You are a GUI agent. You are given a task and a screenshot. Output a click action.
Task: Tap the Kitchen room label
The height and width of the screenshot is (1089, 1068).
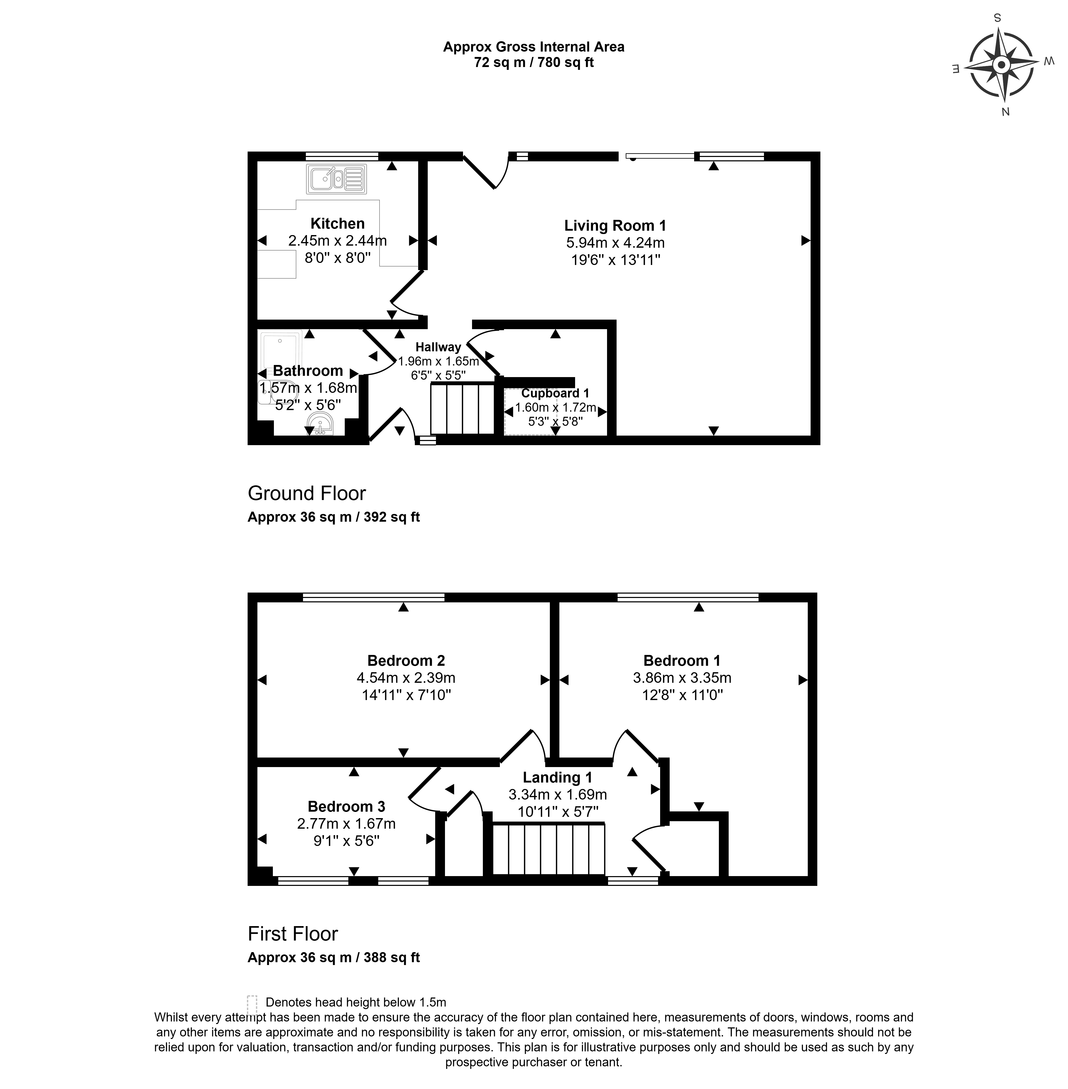(x=338, y=223)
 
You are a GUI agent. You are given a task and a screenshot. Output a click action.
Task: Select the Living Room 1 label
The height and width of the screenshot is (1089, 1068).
(x=615, y=226)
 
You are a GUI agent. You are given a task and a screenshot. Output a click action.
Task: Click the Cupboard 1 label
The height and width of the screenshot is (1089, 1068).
(x=555, y=393)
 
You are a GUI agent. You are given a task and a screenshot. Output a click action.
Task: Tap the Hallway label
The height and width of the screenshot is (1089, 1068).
(x=438, y=347)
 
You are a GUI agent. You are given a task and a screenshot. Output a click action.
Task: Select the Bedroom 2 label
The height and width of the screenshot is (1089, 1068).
(x=406, y=660)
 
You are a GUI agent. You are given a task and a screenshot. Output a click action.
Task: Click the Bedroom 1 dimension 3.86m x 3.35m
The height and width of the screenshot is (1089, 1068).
(x=682, y=678)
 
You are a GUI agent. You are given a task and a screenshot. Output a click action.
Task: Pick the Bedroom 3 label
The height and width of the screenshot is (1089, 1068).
(x=347, y=806)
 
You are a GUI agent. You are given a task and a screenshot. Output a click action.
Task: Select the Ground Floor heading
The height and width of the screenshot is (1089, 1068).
(x=307, y=493)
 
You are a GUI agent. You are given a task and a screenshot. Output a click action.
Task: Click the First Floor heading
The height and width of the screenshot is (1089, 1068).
(x=293, y=934)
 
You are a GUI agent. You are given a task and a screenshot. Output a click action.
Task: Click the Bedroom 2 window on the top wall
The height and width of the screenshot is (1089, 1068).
(x=374, y=597)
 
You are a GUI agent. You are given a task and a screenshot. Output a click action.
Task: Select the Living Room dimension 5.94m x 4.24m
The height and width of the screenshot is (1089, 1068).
(x=615, y=243)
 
